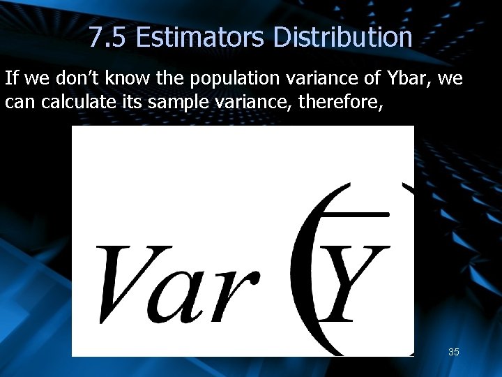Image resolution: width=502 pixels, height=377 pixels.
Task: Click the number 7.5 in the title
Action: click(107, 37)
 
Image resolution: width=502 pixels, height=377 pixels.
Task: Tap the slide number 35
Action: click(453, 352)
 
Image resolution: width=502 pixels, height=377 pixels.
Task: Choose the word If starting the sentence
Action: click(12, 78)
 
